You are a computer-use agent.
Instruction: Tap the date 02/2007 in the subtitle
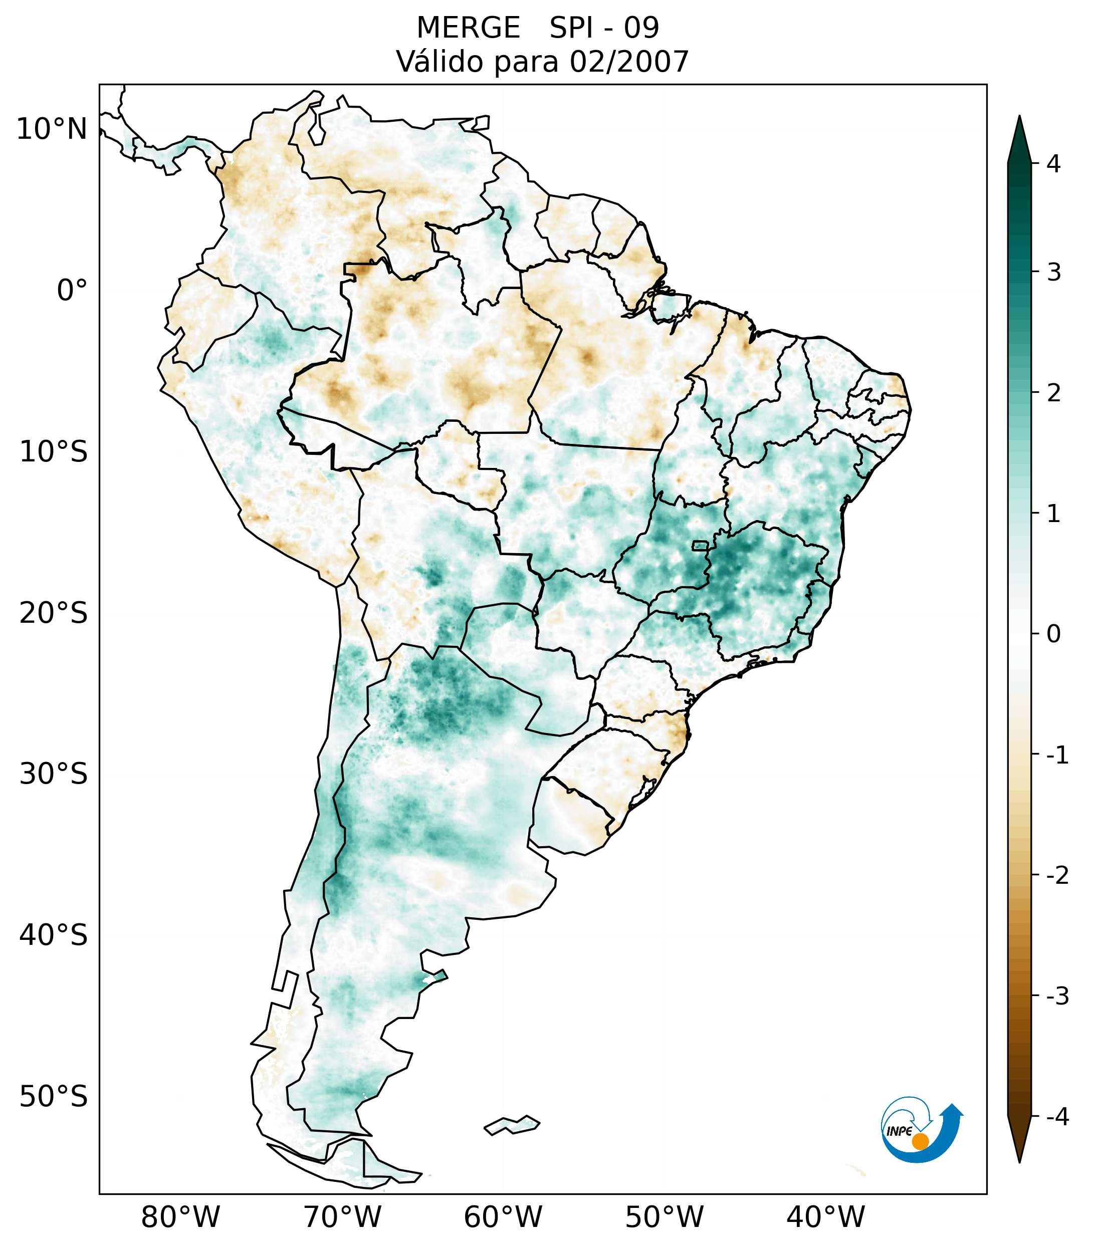629,62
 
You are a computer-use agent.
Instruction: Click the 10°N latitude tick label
52,129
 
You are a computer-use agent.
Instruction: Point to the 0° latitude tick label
72,291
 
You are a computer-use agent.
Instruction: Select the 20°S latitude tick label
54,613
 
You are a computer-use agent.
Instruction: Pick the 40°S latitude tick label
54,935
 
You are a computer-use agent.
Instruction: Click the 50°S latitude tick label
54,1097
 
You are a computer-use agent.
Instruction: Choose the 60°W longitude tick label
503,1217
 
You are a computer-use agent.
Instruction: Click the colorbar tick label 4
1053,164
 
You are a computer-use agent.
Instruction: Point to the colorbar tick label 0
1053,634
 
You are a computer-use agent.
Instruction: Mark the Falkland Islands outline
512,1125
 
